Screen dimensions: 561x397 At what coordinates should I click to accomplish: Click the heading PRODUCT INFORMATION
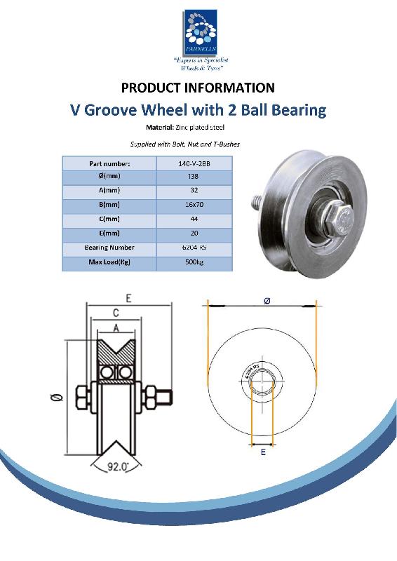click(198, 88)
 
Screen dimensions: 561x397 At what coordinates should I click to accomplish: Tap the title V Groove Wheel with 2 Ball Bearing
click(198, 109)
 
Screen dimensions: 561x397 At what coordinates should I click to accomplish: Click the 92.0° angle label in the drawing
click(116, 465)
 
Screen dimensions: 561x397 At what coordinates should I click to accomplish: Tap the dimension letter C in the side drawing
click(115, 313)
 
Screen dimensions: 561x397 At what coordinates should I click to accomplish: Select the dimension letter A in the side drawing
click(115, 327)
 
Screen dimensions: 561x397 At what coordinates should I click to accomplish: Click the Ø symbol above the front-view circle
click(267, 300)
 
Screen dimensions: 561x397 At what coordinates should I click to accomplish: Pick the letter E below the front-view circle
click(263, 454)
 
